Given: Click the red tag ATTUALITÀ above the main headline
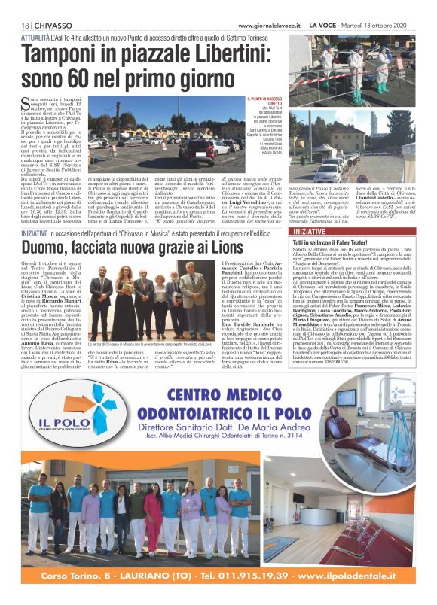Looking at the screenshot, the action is [37, 37].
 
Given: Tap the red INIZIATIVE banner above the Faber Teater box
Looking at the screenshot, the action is [289, 233].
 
